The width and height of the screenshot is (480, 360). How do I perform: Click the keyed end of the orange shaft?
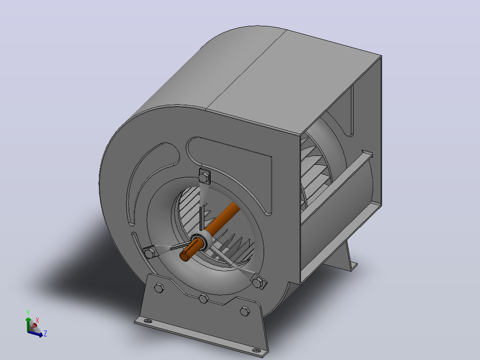pos(185,256)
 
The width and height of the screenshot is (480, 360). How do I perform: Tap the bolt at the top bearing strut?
pos(204,177)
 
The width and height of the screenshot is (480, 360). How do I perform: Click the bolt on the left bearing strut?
pos(149,253)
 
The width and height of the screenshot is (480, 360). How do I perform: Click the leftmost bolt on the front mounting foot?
pos(159,288)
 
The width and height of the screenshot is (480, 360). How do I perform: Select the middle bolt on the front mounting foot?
pos(203,298)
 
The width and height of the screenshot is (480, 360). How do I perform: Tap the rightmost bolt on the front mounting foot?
pos(245,311)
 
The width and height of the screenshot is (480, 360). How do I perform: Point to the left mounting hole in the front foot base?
pos(148,321)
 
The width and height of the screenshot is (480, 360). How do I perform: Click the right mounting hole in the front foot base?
pos(256,350)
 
